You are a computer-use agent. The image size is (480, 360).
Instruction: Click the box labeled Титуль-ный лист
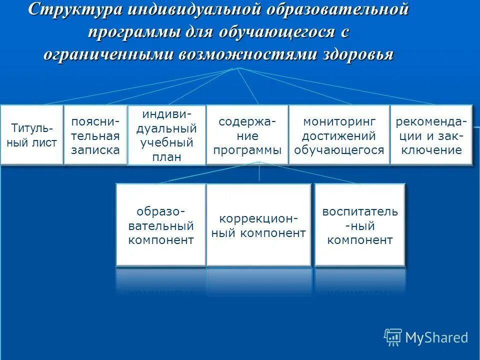coord(32,134)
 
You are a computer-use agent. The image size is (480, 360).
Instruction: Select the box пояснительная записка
coord(95,135)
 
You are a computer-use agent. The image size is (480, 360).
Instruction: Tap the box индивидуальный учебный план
coord(167,135)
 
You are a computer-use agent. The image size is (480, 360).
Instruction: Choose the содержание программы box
coord(247,135)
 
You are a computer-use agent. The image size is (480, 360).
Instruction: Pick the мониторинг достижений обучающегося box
coord(339,135)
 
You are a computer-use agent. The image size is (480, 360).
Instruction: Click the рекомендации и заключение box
coord(431,135)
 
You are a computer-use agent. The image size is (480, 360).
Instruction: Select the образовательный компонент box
coord(161,225)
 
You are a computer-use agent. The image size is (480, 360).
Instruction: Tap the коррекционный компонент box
coord(258,225)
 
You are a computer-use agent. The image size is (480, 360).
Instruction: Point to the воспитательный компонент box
coord(359,225)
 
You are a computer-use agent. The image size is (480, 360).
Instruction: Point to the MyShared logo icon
coord(393,337)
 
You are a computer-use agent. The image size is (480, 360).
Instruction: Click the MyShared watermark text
coord(436,338)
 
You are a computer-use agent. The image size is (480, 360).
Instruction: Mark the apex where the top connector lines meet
coord(239,67)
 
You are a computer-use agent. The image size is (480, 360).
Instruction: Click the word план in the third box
coord(167,156)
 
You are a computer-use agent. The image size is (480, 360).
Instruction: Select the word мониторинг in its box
coord(339,122)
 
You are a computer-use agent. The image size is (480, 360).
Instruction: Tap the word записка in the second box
coord(95,149)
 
